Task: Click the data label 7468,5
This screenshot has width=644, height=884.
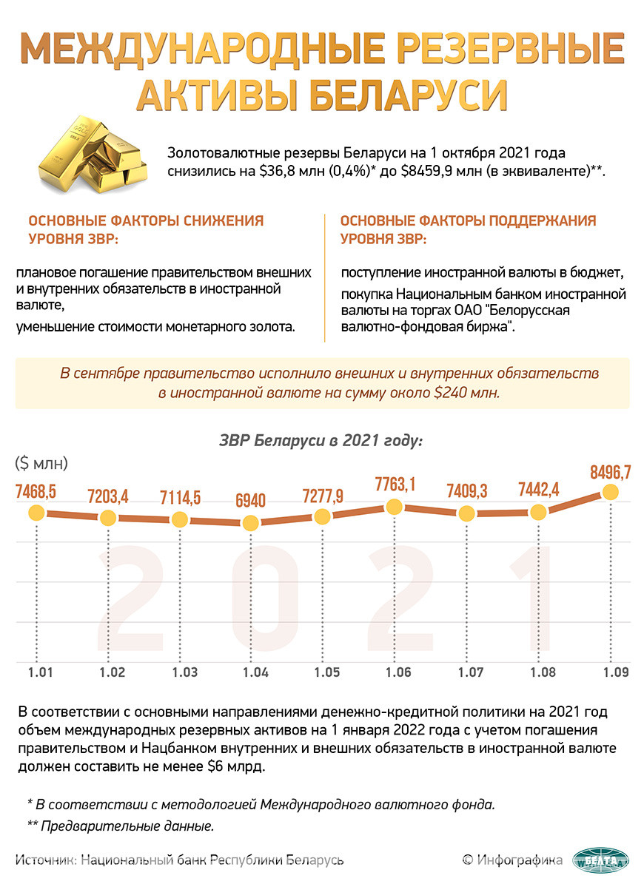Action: pyautogui.click(x=36, y=490)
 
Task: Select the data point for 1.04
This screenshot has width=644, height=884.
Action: pyautogui.click(x=252, y=522)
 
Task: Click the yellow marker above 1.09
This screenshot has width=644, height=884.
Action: pyautogui.click(x=610, y=491)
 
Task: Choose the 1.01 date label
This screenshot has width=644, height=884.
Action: pyautogui.click(x=40, y=672)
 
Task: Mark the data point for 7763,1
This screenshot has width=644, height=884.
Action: pyautogui.click(x=395, y=507)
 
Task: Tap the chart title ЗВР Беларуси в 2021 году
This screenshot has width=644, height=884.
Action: pyautogui.click(x=321, y=441)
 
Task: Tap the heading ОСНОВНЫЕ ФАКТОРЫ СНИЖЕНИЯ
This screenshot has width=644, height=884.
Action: pyautogui.click(x=145, y=220)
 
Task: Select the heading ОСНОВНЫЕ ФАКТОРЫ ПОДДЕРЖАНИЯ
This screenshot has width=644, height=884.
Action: pyautogui.click(x=468, y=220)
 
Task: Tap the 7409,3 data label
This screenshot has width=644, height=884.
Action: pyautogui.click(x=466, y=490)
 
